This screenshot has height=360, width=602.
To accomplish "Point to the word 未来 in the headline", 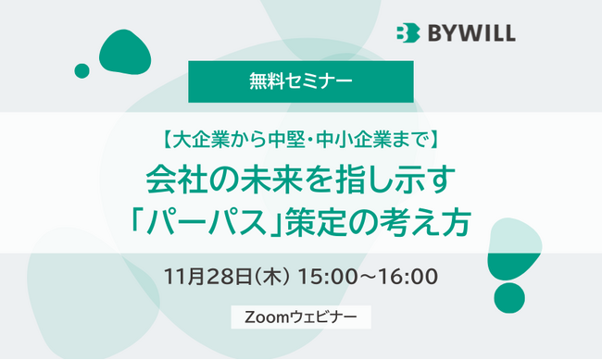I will pyautogui.click(x=265, y=180).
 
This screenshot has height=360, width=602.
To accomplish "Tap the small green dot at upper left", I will pyautogui.click(x=82, y=70).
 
